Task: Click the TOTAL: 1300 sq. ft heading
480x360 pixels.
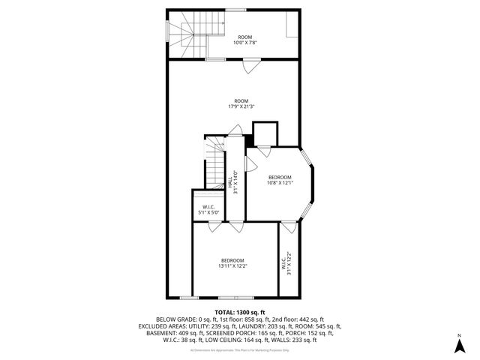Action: [x=240, y=311]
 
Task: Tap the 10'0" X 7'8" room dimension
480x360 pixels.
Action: [x=244, y=43]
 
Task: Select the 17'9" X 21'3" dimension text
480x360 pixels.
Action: [x=241, y=106]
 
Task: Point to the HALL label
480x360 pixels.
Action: [x=229, y=183]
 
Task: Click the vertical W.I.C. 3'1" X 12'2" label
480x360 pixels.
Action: [x=287, y=263]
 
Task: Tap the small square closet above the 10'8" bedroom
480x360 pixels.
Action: [x=265, y=134]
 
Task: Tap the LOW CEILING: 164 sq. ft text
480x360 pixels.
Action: [x=238, y=340]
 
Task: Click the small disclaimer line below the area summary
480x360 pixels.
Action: [x=240, y=350]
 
